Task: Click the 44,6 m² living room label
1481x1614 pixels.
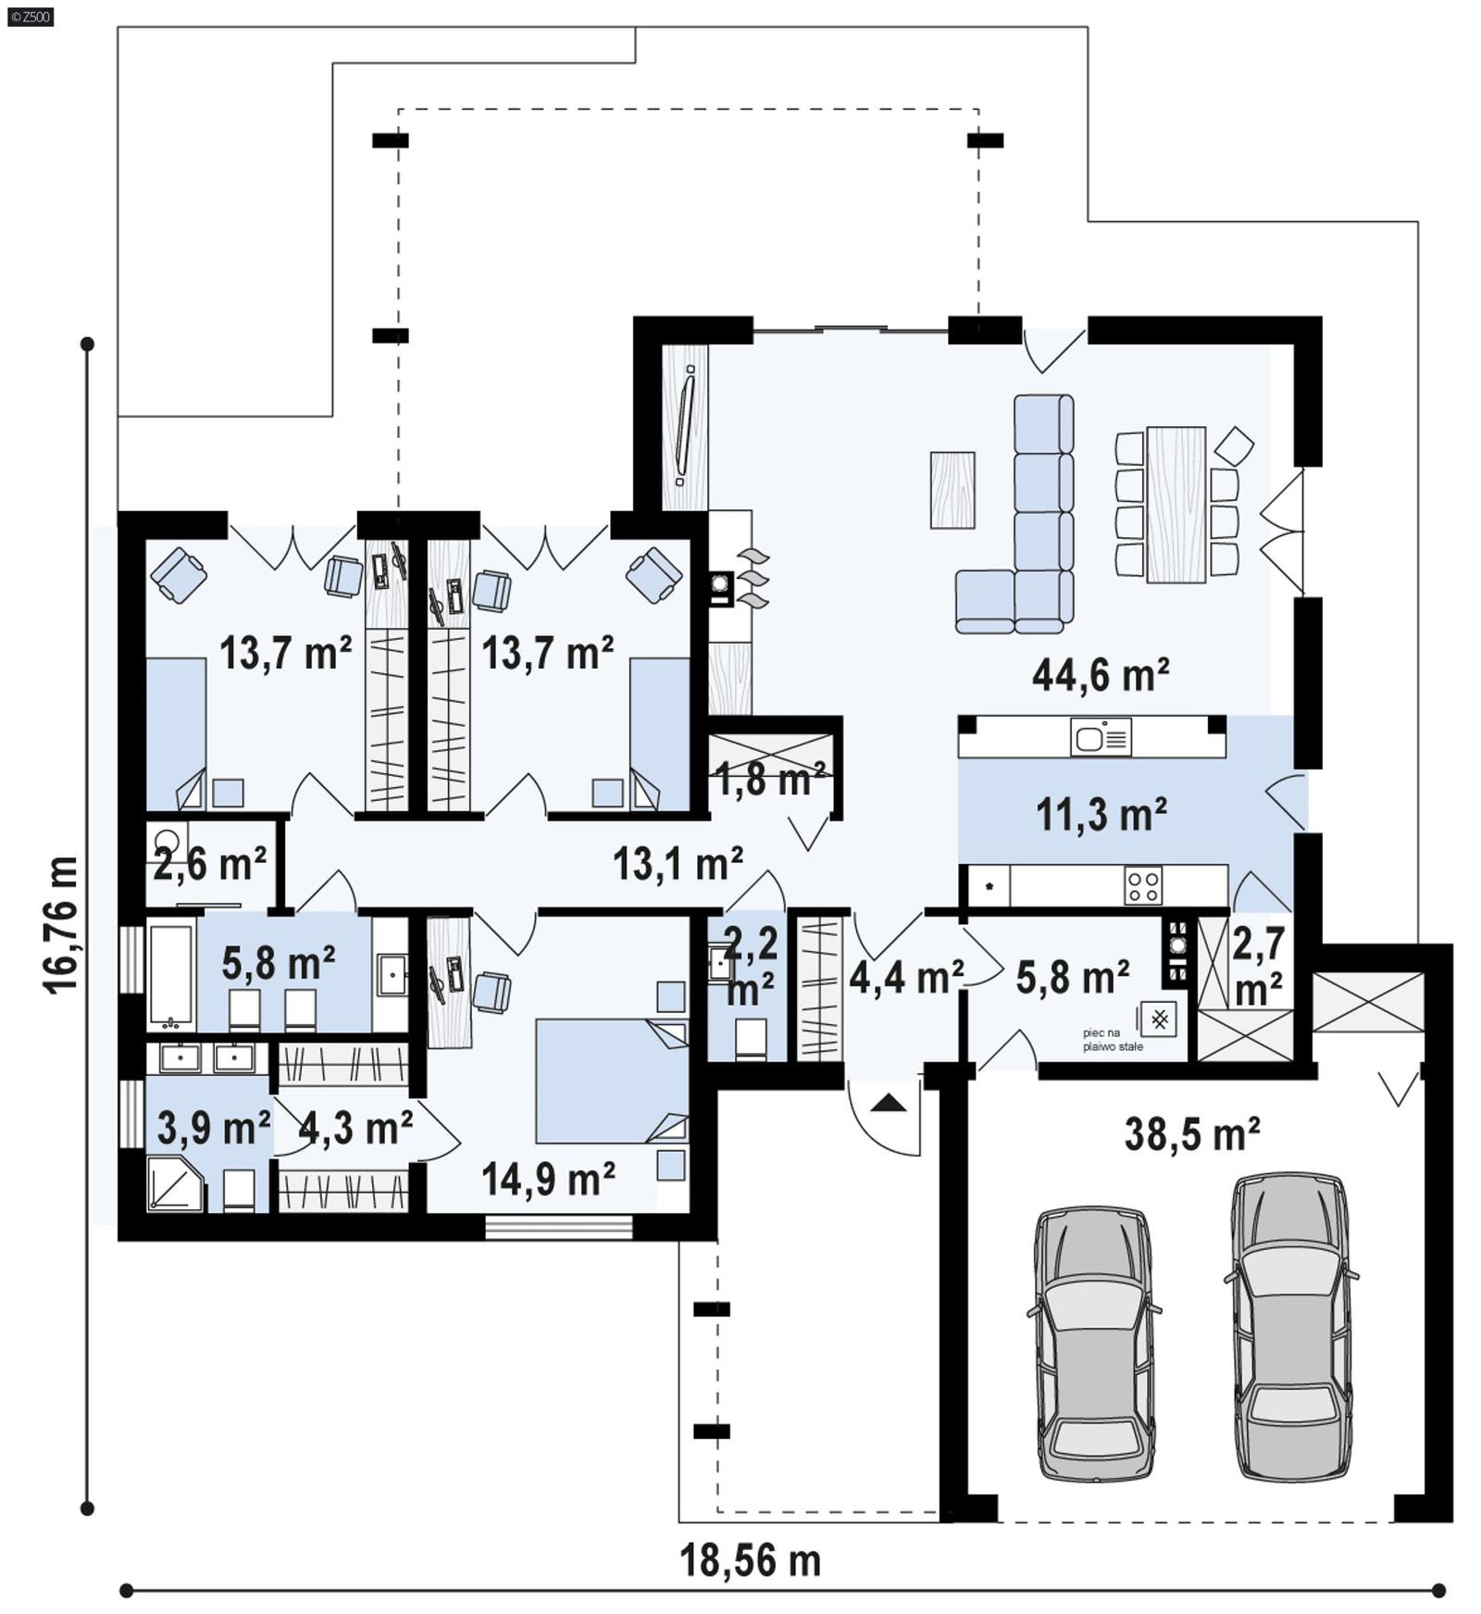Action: (x=1100, y=675)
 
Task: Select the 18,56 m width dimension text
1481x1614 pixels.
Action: (x=750, y=1560)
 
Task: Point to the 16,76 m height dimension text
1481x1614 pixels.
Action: (x=62, y=925)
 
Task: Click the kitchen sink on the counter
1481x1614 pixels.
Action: (x=1101, y=738)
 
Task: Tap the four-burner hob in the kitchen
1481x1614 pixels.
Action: (x=1142, y=884)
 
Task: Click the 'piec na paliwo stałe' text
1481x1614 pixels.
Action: (x=1113, y=1039)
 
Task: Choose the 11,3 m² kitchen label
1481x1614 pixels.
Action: (x=1100, y=815)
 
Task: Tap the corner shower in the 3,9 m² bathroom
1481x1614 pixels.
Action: (x=175, y=1184)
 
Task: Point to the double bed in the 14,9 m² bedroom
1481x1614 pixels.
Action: (x=611, y=1081)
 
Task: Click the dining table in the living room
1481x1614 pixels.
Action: (x=1176, y=505)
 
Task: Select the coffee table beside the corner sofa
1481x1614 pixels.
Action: (x=952, y=490)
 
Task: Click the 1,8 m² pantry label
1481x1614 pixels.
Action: (x=770, y=780)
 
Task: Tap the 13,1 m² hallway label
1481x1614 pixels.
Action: (x=678, y=863)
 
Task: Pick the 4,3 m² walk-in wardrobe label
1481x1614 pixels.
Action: (x=355, y=1128)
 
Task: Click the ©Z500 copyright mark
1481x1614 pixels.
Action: (x=30, y=16)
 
